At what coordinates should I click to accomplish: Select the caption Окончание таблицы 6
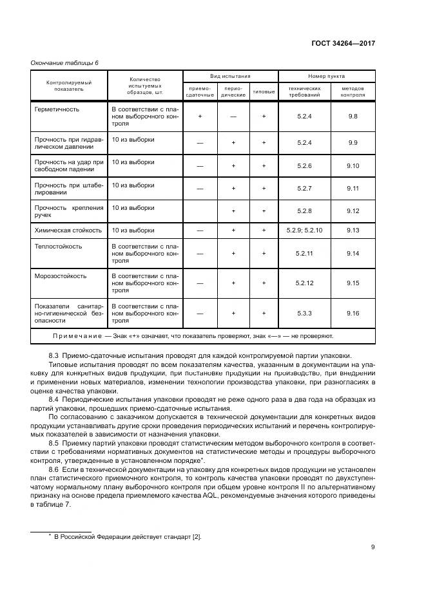pos(64,62)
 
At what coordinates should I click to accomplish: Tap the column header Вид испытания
pos(229,76)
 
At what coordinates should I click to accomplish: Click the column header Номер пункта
pos(326,76)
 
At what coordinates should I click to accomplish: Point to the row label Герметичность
pos(57,109)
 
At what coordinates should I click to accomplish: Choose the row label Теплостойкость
pos(57,245)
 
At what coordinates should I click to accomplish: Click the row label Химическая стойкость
pos(68,230)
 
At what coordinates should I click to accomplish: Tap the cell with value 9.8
pos(352,116)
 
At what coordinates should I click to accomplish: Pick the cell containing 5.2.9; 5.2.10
pos(304,230)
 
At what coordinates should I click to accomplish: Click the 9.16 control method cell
pos(352,313)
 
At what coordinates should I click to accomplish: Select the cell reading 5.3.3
pos(304,313)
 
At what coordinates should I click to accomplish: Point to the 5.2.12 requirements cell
pos(304,283)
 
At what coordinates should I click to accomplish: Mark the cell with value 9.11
pos(352,188)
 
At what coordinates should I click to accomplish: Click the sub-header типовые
pos(264,91)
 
